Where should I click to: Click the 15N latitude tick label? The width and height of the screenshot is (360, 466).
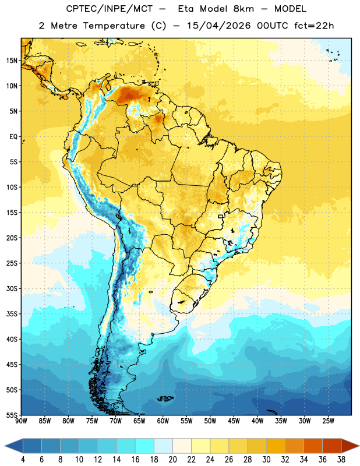(x=12, y=61)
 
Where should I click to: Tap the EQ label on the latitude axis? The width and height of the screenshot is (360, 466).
(x=13, y=137)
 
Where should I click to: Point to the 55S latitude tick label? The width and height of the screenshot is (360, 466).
(x=12, y=415)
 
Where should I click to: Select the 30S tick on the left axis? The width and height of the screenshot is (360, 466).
(x=12, y=288)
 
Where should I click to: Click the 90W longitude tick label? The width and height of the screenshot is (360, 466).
(x=21, y=421)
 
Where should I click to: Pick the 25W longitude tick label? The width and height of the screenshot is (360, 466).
(x=328, y=421)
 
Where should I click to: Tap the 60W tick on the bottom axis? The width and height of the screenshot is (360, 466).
(x=163, y=421)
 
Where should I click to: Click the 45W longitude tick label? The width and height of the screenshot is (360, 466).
(x=234, y=421)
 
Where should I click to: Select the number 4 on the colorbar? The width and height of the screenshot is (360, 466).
(x=23, y=460)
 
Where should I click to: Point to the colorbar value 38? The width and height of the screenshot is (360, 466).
(x=341, y=460)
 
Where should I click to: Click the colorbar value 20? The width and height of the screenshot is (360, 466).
(x=172, y=460)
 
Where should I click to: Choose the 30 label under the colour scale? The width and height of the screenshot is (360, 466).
(x=266, y=460)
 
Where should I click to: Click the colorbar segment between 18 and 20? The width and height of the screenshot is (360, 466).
(x=163, y=446)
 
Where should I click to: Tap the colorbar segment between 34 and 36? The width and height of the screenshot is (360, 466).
(x=313, y=446)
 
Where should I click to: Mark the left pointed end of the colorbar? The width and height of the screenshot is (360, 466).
(x=5, y=446)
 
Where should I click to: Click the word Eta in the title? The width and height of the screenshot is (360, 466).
(x=186, y=9)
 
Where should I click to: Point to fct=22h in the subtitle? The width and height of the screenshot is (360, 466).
(x=314, y=26)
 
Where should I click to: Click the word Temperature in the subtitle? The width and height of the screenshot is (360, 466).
(x=114, y=26)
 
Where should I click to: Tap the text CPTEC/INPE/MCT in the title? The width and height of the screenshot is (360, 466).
(x=110, y=9)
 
